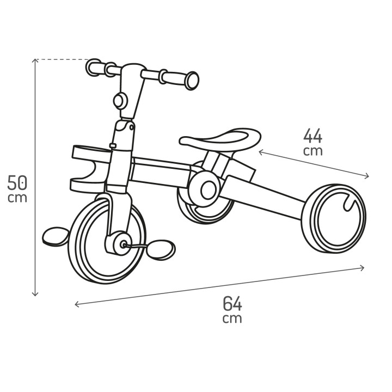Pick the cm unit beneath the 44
coord(313,151)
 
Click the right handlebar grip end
coord(192,81)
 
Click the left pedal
coord(54,236)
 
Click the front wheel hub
coord(120,242)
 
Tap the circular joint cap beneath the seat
coord(207,189)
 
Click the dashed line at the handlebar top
coord(63,59)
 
